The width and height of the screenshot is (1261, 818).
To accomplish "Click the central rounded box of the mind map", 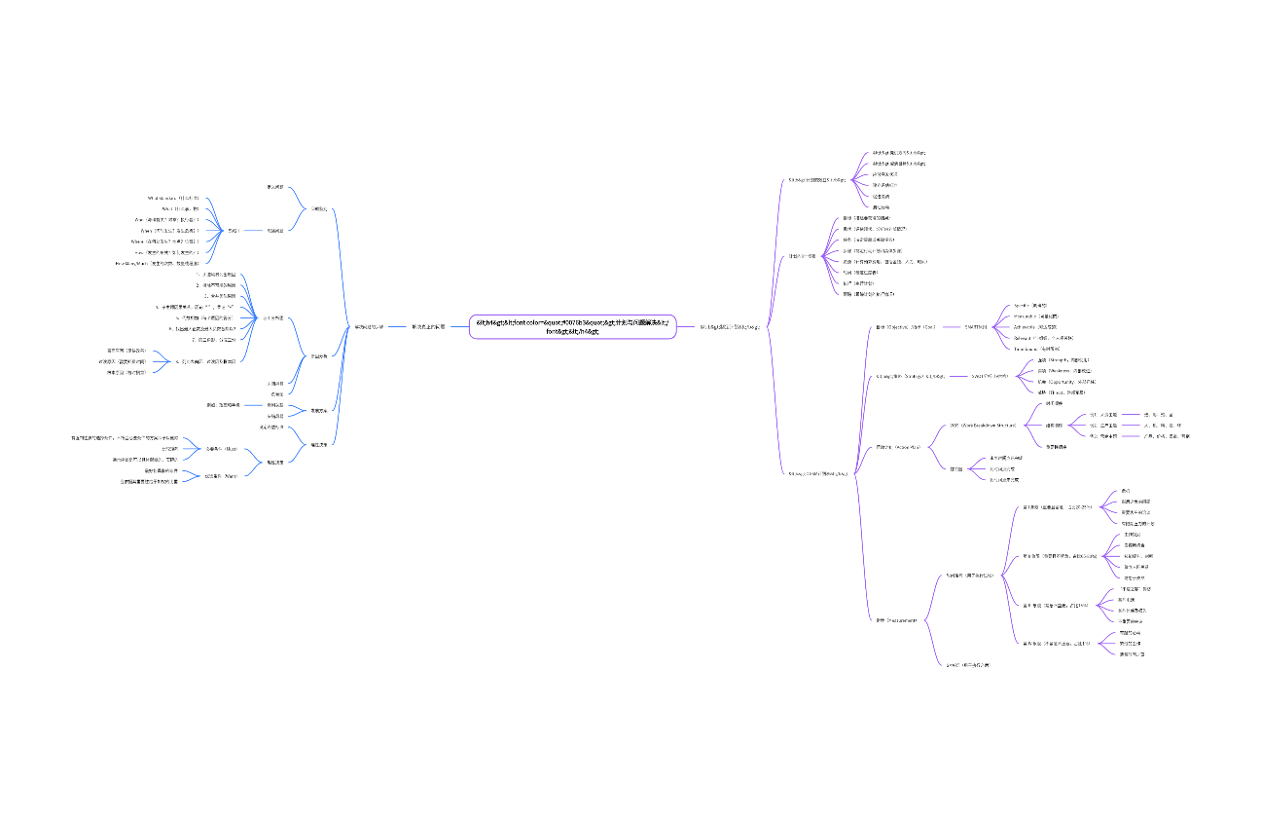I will (x=572, y=326).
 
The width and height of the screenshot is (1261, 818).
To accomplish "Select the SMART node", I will (x=976, y=327).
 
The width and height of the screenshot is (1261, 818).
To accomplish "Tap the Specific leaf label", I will (x=1030, y=305).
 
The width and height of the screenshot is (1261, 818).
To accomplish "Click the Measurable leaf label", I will (x=1036, y=316).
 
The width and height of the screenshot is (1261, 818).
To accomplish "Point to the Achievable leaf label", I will (x=1035, y=327).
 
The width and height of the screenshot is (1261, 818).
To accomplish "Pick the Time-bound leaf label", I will (x=1036, y=348).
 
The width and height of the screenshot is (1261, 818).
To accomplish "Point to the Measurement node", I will (x=896, y=619).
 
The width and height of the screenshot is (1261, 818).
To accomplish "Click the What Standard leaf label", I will (x=173, y=198).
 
